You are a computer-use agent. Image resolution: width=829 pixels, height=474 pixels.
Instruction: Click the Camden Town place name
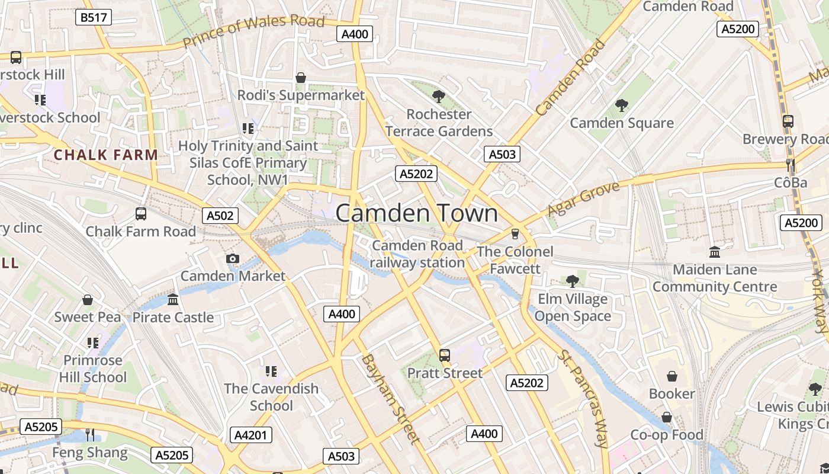[x=417, y=213]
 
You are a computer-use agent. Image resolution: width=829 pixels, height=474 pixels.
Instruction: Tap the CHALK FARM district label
[x=106, y=155]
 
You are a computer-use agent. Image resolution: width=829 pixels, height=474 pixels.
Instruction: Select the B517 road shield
[x=94, y=17]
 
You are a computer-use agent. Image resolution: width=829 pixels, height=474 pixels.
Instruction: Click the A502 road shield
[x=220, y=215]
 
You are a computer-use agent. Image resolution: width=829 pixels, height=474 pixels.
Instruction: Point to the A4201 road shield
[x=251, y=435]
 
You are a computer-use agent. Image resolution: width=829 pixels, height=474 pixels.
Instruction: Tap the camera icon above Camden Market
[x=233, y=258]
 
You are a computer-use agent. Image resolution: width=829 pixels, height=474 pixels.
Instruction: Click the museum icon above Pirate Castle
[x=173, y=299]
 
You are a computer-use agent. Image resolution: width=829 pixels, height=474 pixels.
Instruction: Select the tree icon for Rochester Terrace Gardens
[x=439, y=96]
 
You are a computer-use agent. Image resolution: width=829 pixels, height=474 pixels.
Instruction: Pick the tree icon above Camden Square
[x=622, y=105]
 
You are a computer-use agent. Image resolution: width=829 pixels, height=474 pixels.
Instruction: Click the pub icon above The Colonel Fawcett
[x=515, y=233]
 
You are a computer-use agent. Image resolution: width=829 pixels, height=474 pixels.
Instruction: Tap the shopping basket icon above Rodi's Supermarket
[x=301, y=78]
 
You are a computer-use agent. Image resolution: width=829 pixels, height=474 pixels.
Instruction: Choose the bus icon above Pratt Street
[x=445, y=355]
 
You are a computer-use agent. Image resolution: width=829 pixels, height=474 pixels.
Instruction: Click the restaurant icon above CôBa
[x=791, y=165]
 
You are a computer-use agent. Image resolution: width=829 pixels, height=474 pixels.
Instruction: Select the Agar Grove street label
[x=583, y=199]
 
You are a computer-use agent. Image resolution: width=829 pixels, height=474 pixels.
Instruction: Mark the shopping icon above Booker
[x=672, y=376]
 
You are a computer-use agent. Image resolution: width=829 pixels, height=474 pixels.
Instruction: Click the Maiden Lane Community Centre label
[x=715, y=278]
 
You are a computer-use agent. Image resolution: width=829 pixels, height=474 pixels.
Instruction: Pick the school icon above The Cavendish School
[x=271, y=371]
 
